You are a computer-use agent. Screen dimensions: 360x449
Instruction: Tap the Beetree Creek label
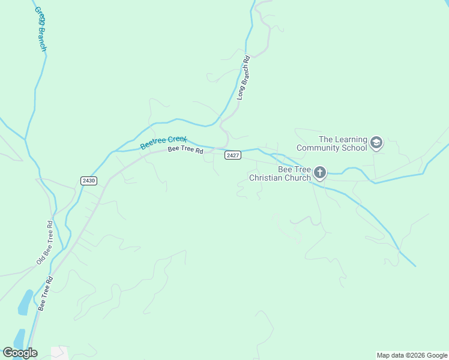(164, 142)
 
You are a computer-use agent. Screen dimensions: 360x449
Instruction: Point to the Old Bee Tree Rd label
(45, 242)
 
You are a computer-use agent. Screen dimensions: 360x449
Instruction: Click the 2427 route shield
(233, 155)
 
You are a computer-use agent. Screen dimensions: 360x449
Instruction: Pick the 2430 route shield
(88, 180)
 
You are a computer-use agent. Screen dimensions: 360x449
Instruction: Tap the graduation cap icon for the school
(376, 143)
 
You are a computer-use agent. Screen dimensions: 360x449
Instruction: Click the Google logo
(20, 353)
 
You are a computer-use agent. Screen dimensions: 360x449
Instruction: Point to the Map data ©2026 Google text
(412, 355)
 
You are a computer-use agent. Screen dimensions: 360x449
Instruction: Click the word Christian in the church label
(271, 178)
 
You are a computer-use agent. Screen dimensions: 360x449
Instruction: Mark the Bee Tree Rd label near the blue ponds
(46, 293)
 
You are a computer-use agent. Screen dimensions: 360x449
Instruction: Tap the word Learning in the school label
(351, 139)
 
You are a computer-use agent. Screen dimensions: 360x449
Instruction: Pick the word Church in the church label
(299, 178)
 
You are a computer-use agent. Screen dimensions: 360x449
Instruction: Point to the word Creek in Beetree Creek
(177, 140)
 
